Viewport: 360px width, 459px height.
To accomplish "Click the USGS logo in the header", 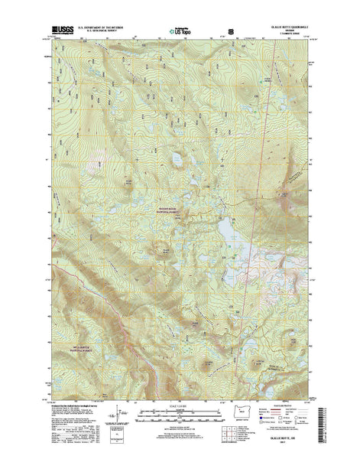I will (x=60, y=31).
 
